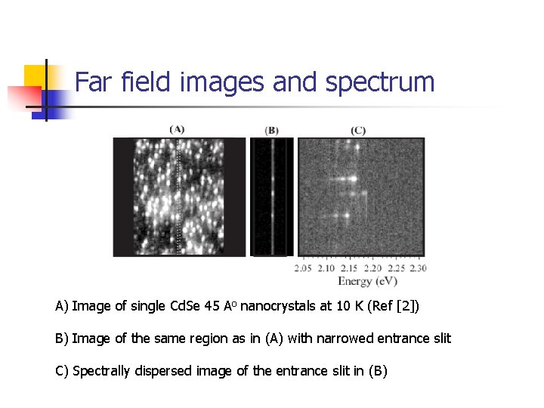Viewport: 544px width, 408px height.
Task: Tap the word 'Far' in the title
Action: pyautogui.click(x=93, y=82)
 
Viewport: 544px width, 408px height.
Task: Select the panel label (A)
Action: pyautogui.click(x=177, y=128)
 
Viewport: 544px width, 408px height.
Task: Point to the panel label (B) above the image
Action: pyautogui.click(x=272, y=130)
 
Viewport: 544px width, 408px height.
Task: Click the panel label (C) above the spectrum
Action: pyautogui.click(x=358, y=130)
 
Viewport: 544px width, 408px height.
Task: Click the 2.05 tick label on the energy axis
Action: pyautogui.click(x=303, y=268)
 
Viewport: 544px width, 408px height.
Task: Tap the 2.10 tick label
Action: pyautogui.click(x=326, y=268)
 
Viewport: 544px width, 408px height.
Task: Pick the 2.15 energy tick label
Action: pyautogui.click(x=350, y=268)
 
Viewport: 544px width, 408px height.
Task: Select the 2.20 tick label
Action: pyautogui.click(x=372, y=268)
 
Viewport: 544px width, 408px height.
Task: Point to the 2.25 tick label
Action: pyautogui.click(x=395, y=268)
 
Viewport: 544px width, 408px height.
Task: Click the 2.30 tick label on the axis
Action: pyautogui.click(x=418, y=268)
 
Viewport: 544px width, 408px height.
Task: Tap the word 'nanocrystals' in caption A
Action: pyautogui.click(x=277, y=306)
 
